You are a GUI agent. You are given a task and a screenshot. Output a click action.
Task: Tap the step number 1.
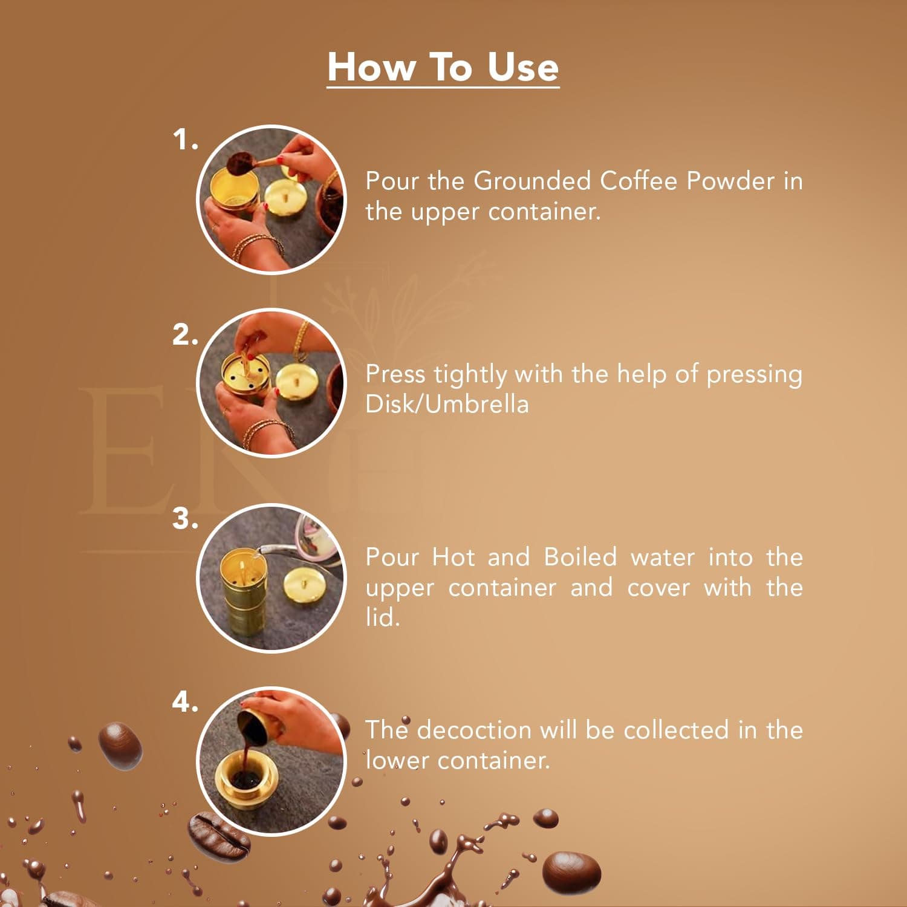click(x=184, y=140)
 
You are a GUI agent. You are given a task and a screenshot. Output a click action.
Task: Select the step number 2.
click(x=184, y=334)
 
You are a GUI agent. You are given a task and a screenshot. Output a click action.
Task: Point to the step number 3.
click(x=184, y=519)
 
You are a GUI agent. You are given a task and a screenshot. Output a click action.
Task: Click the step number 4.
click(x=184, y=702)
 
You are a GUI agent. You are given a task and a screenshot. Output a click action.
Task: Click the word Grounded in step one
click(x=532, y=181)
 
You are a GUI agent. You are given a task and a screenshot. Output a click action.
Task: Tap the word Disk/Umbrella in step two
click(x=447, y=404)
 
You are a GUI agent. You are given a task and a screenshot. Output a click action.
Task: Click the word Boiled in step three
click(x=580, y=557)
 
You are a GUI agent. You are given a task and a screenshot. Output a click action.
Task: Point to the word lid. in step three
click(x=382, y=617)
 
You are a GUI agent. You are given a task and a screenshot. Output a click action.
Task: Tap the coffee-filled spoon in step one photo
click(x=241, y=162)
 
